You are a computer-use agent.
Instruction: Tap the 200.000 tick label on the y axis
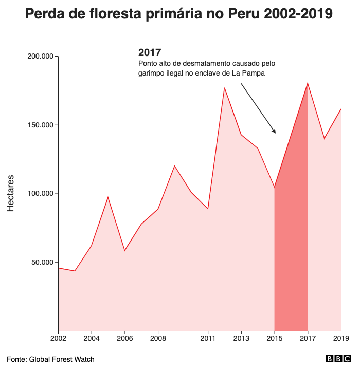click(x=41, y=56)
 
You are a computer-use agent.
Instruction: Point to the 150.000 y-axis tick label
click(x=41, y=125)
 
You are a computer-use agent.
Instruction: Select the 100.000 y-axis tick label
click(x=41, y=194)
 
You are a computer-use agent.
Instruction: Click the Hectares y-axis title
click(x=11, y=193)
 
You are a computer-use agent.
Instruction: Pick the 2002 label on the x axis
click(x=58, y=338)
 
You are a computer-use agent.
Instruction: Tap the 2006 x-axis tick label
click(x=124, y=338)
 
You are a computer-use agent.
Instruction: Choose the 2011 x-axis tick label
click(x=208, y=338)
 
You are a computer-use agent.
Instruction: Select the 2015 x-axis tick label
click(x=275, y=338)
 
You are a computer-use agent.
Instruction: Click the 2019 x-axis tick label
click(x=341, y=338)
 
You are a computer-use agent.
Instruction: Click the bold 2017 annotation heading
click(x=150, y=52)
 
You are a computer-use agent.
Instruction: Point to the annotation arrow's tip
click(x=276, y=133)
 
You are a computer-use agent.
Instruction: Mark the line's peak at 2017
click(x=308, y=83)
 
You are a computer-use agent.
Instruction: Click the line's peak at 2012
click(x=224, y=88)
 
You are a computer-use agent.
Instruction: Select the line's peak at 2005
click(x=108, y=197)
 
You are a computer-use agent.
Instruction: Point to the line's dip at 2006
click(x=124, y=251)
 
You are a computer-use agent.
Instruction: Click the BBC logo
click(x=338, y=359)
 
